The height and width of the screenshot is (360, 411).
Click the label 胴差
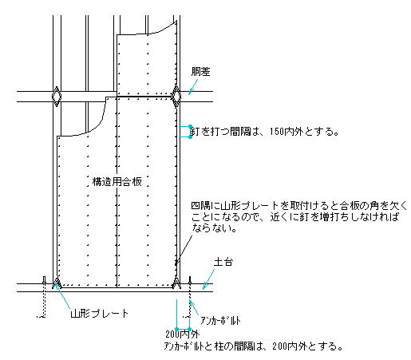click(x=201, y=72)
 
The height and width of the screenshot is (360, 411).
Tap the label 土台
click(x=223, y=262)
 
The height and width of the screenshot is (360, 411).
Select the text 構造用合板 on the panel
click(x=117, y=182)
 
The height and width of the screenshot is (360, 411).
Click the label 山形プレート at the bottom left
click(x=100, y=314)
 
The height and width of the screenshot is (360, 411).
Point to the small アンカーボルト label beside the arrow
click(x=220, y=321)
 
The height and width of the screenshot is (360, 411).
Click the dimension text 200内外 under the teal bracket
click(x=182, y=334)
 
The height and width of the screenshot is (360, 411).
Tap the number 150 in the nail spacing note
click(x=277, y=132)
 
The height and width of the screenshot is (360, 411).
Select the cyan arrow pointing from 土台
click(x=208, y=279)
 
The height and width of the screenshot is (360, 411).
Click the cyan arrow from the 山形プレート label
click(x=63, y=296)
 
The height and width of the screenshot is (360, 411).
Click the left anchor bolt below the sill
click(x=44, y=297)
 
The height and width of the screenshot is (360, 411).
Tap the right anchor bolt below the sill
click(x=189, y=297)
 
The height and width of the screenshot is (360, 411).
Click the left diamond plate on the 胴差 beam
click(x=57, y=97)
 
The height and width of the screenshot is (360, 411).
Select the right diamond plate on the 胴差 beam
click(x=176, y=97)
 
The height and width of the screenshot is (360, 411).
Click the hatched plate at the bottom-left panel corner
click(x=57, y=283)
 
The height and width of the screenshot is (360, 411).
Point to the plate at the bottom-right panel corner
click(x=176, y=283)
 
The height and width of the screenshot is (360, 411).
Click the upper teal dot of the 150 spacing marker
click(x=190, y=126)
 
